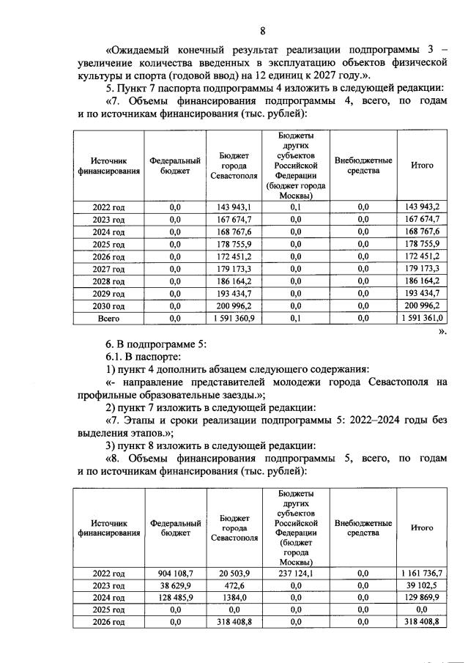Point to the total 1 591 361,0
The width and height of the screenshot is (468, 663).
click(x=423, y=319)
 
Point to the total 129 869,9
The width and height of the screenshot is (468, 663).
click(x=423, y=598)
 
